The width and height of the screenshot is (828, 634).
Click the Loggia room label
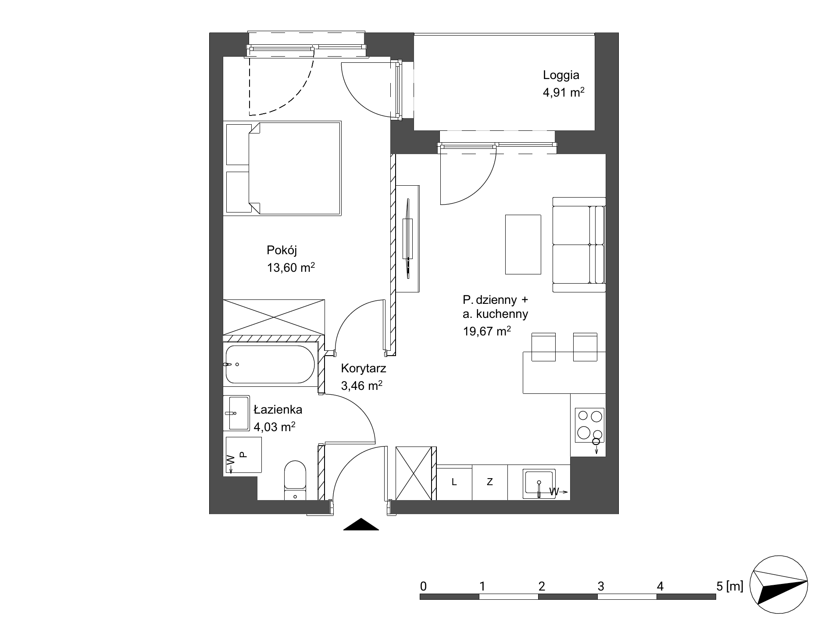(561, 76)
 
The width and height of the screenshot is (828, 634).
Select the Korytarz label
(363, 368)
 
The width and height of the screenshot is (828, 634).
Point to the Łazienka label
(278, 410)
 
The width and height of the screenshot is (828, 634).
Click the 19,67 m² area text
(487, 331)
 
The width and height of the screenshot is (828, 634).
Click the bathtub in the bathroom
(270, 364)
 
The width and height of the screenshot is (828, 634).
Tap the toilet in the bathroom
(295, 480)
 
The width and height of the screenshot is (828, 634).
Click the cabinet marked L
(454, 482)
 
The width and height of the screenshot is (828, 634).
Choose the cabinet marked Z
(490, 482)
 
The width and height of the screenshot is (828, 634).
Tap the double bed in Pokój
(282, 169)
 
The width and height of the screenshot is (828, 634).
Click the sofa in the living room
(579, 245)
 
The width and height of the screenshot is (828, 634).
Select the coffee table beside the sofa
(523, 245)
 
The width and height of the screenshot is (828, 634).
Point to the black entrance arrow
(360, 524)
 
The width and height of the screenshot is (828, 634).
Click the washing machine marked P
(243, 455)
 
